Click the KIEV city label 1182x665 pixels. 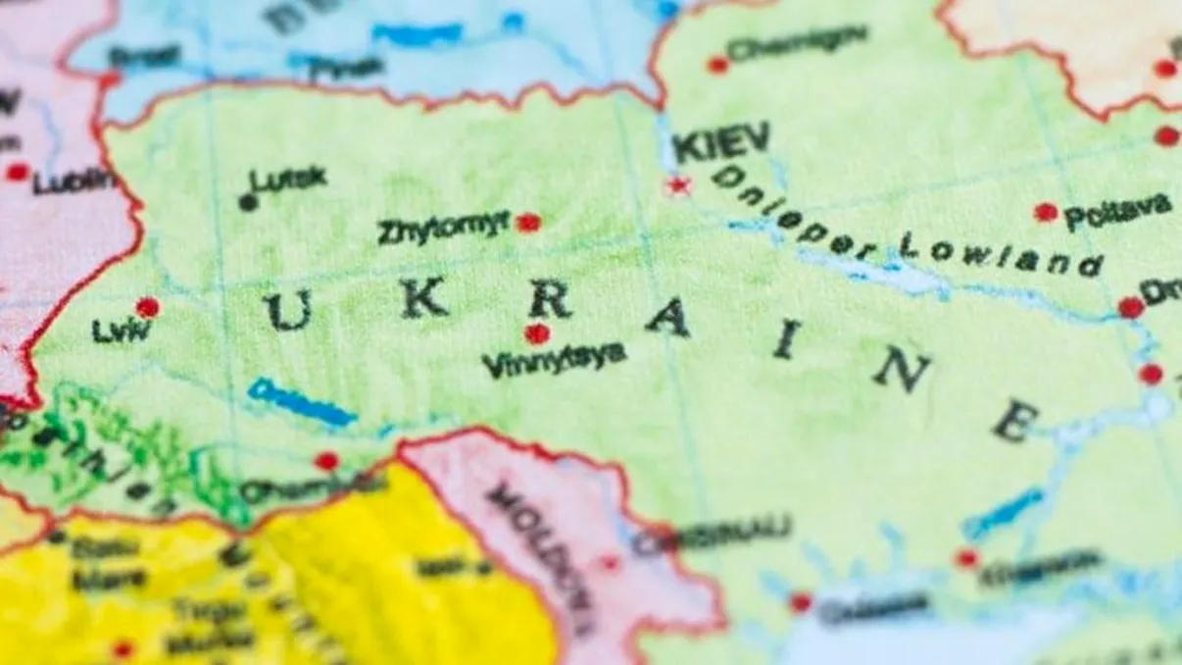[x=721, y=144]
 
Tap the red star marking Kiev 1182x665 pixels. [x=677, y=185]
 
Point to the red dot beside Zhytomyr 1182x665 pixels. [x=528, y=223]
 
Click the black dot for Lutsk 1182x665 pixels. [x=248, y=203]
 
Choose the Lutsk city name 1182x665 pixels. [x=288, y=179]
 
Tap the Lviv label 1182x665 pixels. [x=122, y=331]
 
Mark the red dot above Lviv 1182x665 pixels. [x=147, y=307]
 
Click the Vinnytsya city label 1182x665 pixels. [x=554, y=361]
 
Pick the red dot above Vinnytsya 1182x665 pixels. [x=536, y=333]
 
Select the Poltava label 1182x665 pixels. [x=1117, y=211]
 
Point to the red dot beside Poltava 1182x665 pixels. [x=1046, y=212]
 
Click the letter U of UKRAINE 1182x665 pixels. [x=288, y=311]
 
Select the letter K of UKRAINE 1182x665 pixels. [x=423, y=298]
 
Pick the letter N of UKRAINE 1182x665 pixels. [x=902, y=370]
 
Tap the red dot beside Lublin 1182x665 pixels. [x=17, y=173]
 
